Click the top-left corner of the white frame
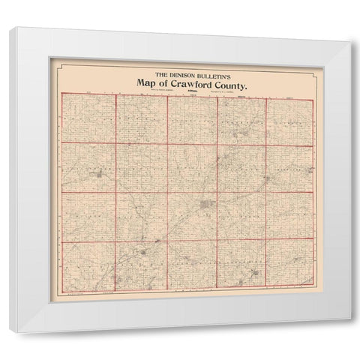pyautogui.click(x=17, y=28)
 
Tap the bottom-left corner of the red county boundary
pyautogui.click(x=61, y=287)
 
